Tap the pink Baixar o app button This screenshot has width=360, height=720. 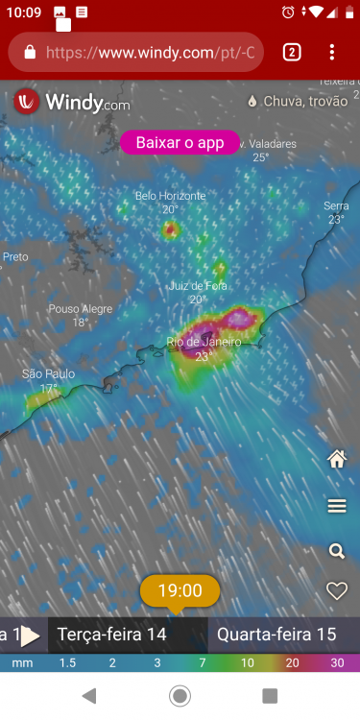click(180, 143)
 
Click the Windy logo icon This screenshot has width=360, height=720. click(27, 102)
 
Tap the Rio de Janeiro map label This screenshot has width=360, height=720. click(204, 343)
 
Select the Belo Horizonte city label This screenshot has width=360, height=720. click(170, 196)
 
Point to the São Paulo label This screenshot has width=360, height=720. click(48, 374)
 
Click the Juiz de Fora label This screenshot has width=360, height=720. click(198, 286)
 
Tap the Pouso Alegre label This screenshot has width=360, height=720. click(80, 309)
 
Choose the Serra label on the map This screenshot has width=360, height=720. click(336, 206)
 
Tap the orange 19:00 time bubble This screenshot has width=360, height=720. click(180, 590)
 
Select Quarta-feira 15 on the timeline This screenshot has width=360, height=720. click(276, 635)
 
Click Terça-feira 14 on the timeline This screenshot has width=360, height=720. click(112, 635)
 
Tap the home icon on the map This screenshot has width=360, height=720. click(337, 460)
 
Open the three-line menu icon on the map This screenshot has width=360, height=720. click(337, 506)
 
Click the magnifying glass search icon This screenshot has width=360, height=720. click(337, 551)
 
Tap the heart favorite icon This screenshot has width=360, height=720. click(337, 591)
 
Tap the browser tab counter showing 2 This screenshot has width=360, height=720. click(292, 52)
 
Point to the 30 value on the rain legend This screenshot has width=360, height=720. click(337, 663)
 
